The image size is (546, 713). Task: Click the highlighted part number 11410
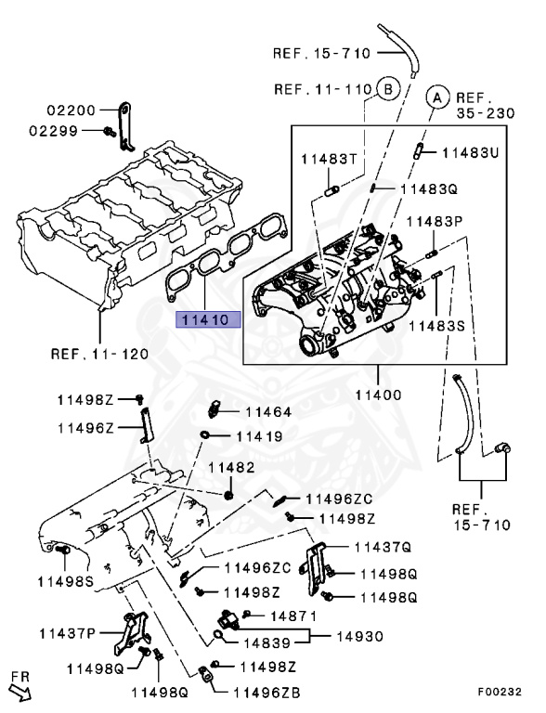coord(209,320)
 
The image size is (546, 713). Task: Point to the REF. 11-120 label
coord(98,354)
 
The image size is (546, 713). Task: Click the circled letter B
coord(387,90)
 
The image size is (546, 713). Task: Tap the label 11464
coord(268,411)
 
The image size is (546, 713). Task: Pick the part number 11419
coord(258,434)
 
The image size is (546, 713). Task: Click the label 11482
coord(230,467)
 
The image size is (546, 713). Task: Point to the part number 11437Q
coord(382,547)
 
